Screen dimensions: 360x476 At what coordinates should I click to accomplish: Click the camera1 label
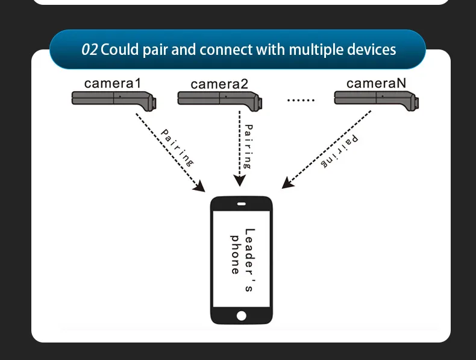(112, 83)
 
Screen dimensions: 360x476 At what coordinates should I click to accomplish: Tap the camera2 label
(219, 84)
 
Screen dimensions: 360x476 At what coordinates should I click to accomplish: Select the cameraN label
(376, 83)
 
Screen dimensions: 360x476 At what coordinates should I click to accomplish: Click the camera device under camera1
(115, 99)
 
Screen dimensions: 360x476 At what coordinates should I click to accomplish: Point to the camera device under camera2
(220, 99)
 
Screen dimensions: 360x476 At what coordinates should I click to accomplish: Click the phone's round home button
(242, 315)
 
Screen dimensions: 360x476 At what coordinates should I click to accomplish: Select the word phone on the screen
(236, 254)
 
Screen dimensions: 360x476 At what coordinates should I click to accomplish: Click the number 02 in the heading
(89, 49)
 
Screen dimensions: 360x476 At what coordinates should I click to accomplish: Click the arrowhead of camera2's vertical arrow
(240, 182)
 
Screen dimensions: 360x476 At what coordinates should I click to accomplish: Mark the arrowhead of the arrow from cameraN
(288, 183)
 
